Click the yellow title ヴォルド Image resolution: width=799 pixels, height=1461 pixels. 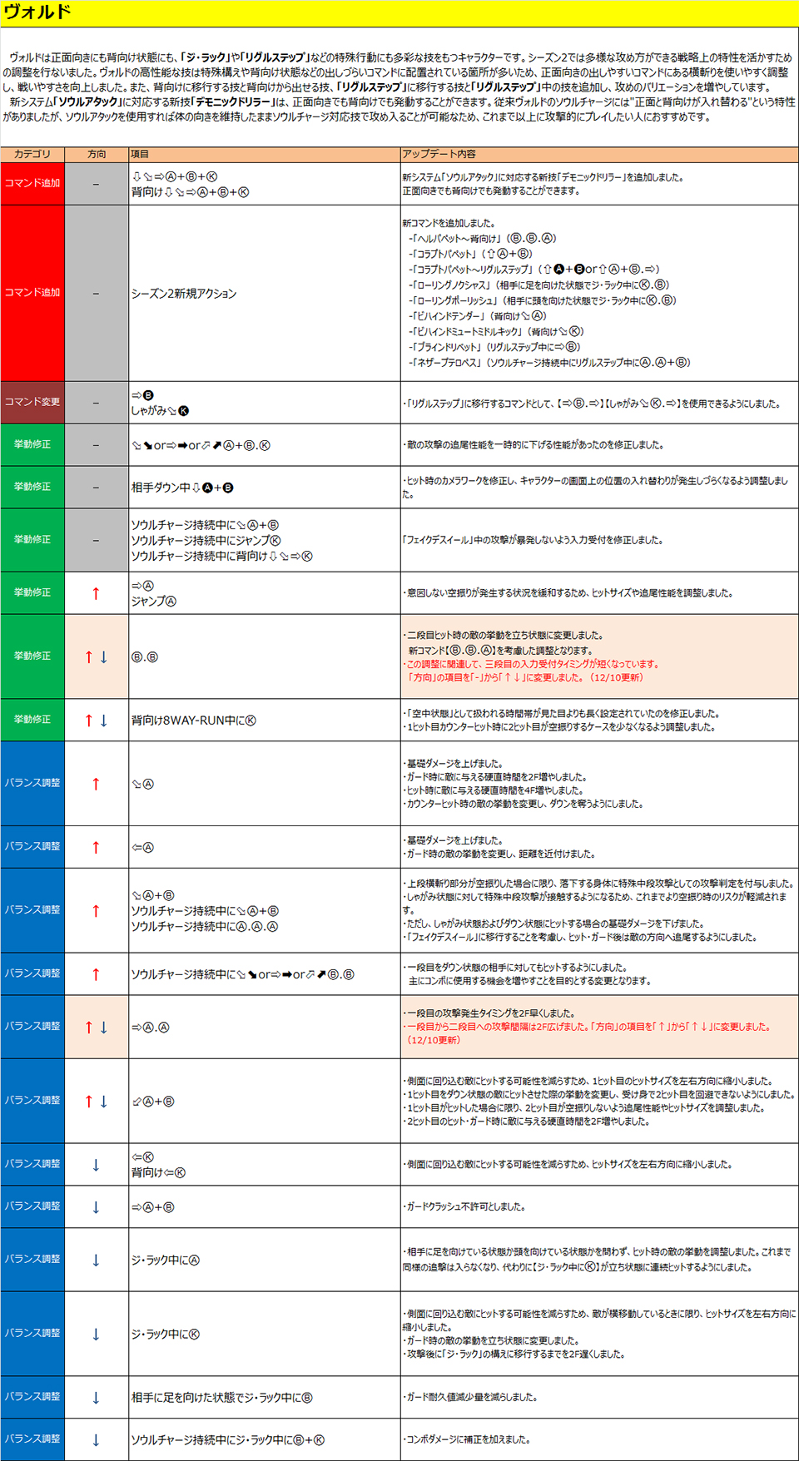click(x=37, y=12)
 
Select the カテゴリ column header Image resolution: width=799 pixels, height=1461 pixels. click(x=32, y=154)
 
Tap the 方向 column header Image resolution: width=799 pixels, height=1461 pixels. click(x=97, y=154)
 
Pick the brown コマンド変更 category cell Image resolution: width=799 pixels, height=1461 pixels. click(x=32, y=402)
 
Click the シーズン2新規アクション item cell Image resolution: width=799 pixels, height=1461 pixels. click(x=184, y=294)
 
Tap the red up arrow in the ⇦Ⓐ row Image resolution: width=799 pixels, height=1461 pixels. click(x=96, y=848)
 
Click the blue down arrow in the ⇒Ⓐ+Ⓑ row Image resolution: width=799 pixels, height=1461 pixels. click(x=96, y=1207)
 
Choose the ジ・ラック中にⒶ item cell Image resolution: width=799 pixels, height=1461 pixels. click(x=166, y=1260)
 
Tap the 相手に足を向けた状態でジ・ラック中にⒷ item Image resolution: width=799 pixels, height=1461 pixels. click(x=221, y=1398)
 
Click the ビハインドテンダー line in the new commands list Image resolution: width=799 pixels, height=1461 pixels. click(x=478, y=316)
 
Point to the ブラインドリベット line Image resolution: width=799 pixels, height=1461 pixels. click(x=494, y=347)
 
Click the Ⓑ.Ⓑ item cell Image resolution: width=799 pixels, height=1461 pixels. click(x=145, y=657)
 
